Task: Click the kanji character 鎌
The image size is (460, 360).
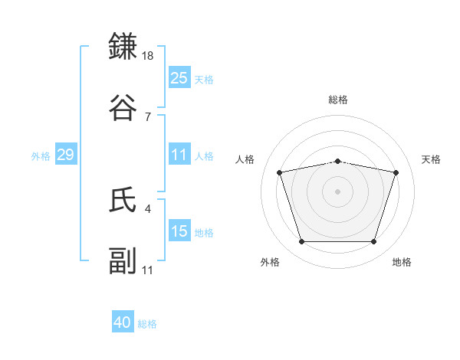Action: (x=123, y=47)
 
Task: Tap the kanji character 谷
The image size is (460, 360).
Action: (x=123, y=106)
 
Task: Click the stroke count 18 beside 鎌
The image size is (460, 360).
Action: (x=149, y=56)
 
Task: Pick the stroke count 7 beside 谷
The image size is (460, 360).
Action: (x=147, y=116)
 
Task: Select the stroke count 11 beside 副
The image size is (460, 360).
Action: (x=148, y=270)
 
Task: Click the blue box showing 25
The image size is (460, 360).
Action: (x=179, y=78)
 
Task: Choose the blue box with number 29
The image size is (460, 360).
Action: (x=65, y=155)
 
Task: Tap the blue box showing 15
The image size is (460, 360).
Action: (x=179, y=231)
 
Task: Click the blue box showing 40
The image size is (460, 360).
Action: (x=123, y=322)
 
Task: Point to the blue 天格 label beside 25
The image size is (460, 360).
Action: (x=204, y=80)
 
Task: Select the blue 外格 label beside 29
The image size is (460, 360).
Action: (x=41, y=156)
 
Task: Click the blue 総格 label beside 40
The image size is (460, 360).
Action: (x=147, y=324)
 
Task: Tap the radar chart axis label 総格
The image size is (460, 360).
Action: (x=338, y=100)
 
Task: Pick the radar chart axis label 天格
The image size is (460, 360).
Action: (x=432, y=159)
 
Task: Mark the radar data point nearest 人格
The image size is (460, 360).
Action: (x=280, y=172)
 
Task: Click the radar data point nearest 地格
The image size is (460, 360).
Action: (x=373, y=242)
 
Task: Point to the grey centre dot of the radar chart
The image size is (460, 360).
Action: (x=338, y=191)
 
